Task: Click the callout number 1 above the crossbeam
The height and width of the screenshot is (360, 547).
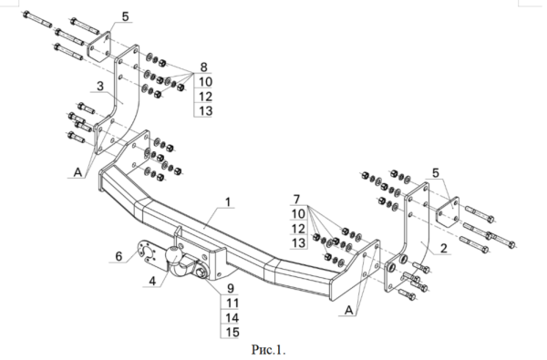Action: point(228,202)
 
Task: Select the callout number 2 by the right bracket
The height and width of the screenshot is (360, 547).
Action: point(443,249)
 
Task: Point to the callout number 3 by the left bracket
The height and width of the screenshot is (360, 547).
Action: point(100,87)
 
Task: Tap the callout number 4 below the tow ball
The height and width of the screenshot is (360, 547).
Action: point(152,281)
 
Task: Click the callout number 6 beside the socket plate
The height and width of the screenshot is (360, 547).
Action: point(119,256)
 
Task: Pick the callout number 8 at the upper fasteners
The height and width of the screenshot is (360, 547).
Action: point(203,67)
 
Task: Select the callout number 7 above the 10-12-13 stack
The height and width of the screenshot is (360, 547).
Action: point(296,200)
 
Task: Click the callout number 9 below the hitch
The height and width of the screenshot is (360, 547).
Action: point(231,289)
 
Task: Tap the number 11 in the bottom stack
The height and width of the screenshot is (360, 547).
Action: point(232,303)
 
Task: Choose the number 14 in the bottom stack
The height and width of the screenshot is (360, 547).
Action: point(232,318)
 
